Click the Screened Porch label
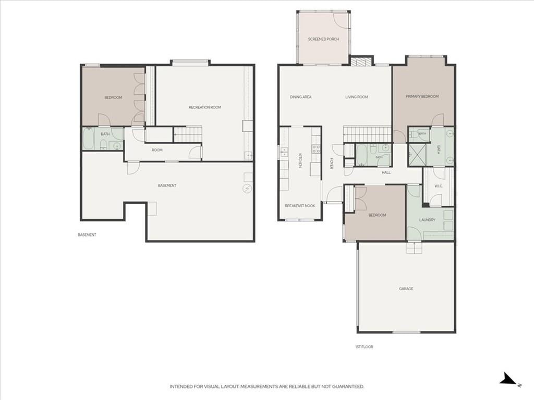tap(323, 39)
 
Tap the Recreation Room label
tap(204, 107)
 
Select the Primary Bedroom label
tap(422, 96)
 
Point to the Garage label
tap(406, 289)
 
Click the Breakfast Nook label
tap(300, 206)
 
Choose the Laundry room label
tap(427, 220)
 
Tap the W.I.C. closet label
tap(438, 186)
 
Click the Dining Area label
tap(301, 97)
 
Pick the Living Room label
tap(357, 97)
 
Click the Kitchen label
tap(300, 160)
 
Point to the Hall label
tap(386, 172)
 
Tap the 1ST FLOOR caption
tap(364, 346)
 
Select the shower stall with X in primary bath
tap(416, 155)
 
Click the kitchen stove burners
tap(315, 148)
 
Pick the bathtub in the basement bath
tap(88, 139)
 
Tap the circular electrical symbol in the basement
tap(247, 189)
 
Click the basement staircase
tap(188, 135)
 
